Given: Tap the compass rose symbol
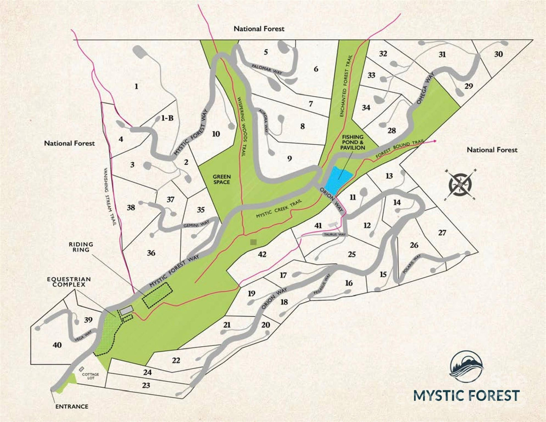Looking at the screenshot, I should pyautogui.click(x=460, y=185).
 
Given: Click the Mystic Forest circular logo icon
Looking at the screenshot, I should pyautogui.click(x=467, y=367).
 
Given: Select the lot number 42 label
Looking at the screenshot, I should pyautogui.click(x=262, y=254).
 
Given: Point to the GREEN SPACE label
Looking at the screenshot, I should pyautogui.click(x=222, y=179).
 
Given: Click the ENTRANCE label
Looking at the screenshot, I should pyautogui.click(x=72, y=406).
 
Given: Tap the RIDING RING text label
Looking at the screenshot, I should pyautogui.click(x=81, y=247).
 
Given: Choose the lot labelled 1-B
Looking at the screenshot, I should pyautogui.click(x=167, y=118).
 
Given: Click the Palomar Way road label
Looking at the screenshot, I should pyautogui.click(x=267, y=69).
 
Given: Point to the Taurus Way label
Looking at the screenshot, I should pyautogui.click(x=335, y=234).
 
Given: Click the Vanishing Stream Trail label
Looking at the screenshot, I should pyautogui.click(x=110, y=197).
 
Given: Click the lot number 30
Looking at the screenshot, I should pyautogui.click(x=498, y=54).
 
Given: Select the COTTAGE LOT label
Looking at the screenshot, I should pyautogui.click(x=90, y=376).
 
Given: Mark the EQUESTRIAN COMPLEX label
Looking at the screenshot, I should pyautogui.click(x=69, y=282).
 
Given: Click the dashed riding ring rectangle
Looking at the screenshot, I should pyautogui.click(x=157, y=295).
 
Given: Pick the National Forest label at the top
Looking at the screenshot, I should pyautogui.click(x=259, y=29).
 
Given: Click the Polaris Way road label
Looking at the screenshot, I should pyautogui.click(x=412, y=264).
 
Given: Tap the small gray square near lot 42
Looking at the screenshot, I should pyautogui.click(x=253, y=242).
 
